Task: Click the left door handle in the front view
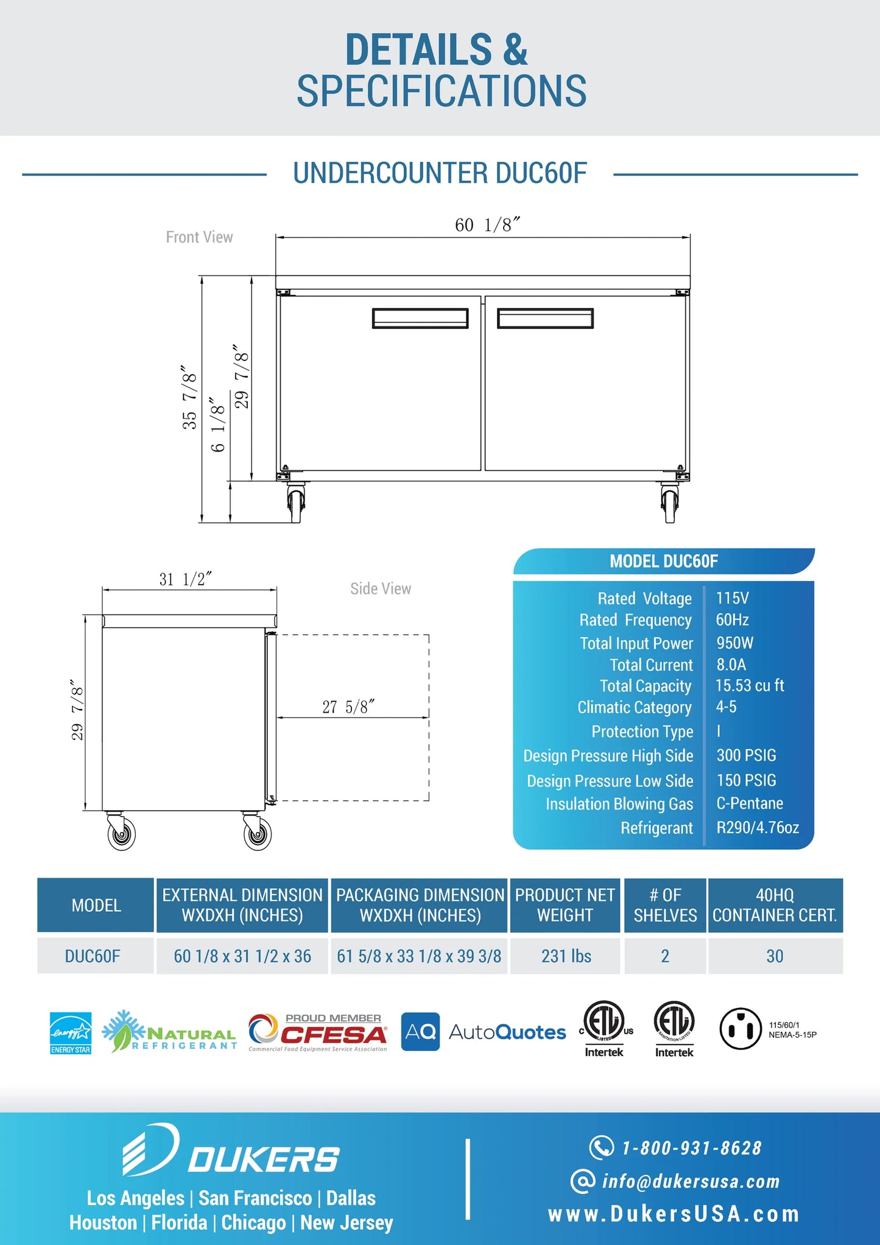tap(420, 318)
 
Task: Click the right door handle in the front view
tap(545, 318)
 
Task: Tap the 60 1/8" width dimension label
tap(487, 225)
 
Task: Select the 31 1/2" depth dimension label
tap(185, 579)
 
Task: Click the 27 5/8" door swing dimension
tap(348, 707)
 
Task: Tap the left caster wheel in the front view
tap(296, 503)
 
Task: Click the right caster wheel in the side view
tap(257, 834)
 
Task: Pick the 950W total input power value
tap(734, 643)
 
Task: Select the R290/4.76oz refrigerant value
tap(757, 827)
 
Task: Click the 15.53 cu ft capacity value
tap(749, 685)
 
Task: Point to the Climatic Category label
tap(634, 707)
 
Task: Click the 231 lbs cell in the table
tap(566, 956)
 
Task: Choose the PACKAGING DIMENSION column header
tap(420, 905)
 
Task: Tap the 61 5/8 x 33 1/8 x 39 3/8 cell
tap(419, 956)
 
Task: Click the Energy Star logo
tap(71, 1032)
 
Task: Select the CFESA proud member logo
tap(318, 1032)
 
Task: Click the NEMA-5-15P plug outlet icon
tap(741, 1029)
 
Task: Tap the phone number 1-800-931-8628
tap(691, 1148)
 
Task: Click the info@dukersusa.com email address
tap(691, 1182)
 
